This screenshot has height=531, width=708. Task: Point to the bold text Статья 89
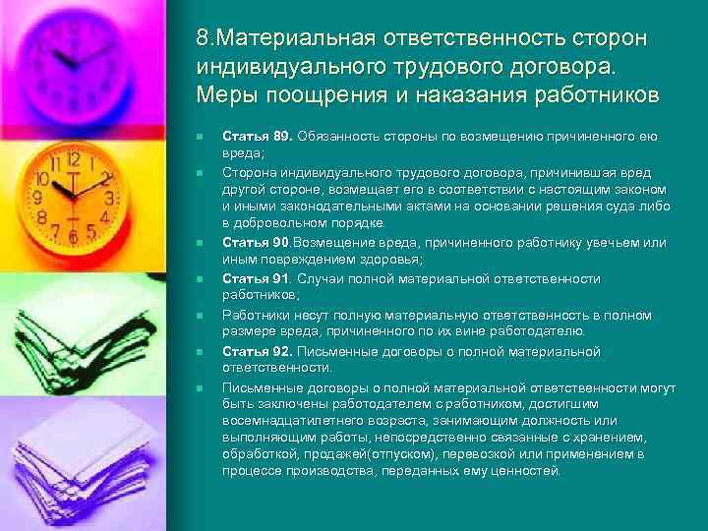pos(258,135)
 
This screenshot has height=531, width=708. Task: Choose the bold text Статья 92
pos(258,351)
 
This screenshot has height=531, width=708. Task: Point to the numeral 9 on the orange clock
pos(39,197)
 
